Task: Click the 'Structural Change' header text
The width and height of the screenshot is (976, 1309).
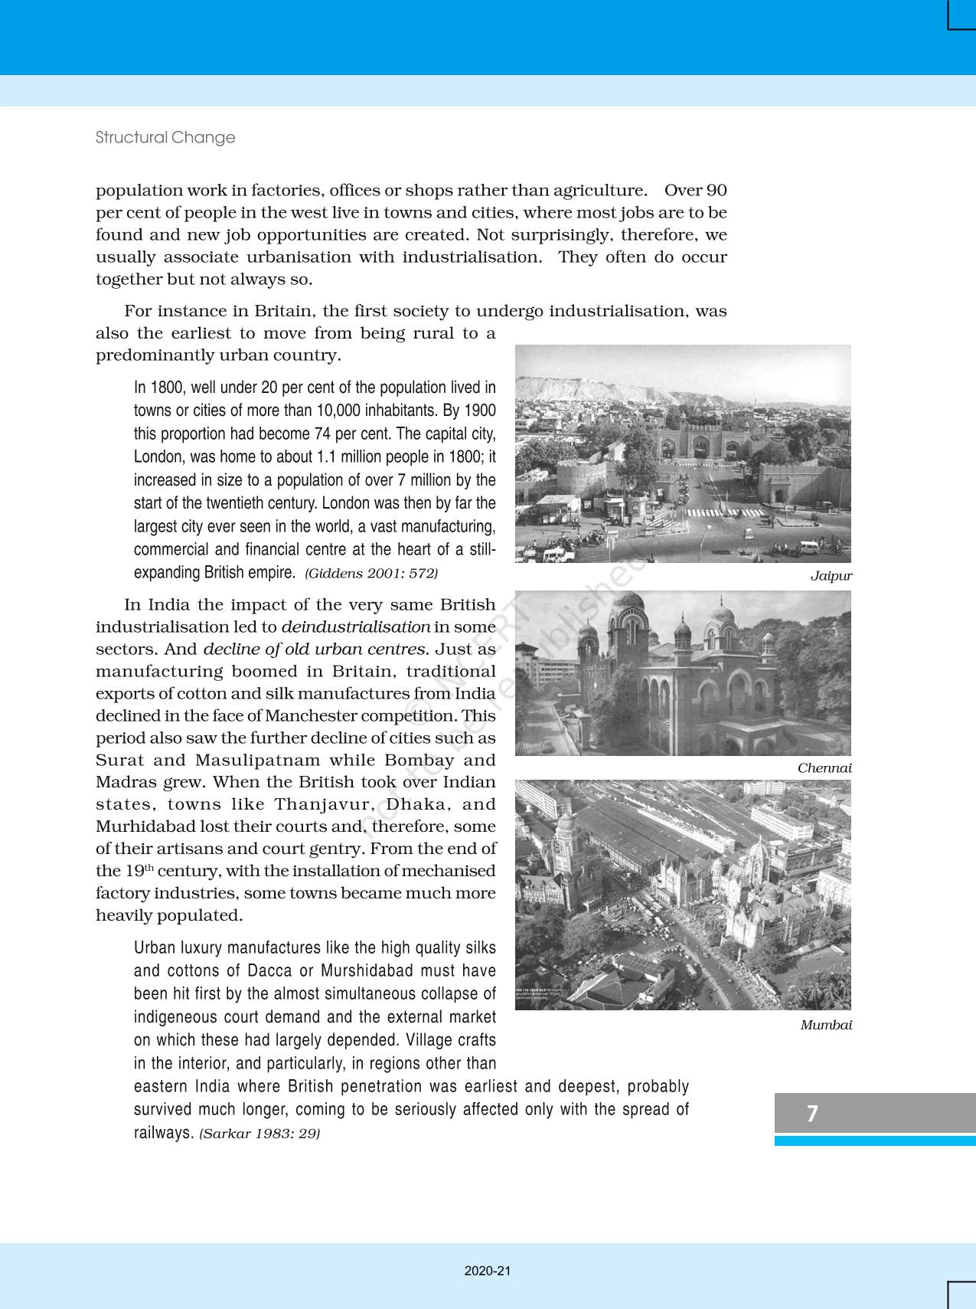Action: (x=165, y=138)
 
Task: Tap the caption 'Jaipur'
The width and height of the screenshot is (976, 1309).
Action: (x=831, y=576)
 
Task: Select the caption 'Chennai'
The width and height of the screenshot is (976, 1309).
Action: (x=824, y=768)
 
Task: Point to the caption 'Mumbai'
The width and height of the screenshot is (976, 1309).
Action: (x=826, y=1026)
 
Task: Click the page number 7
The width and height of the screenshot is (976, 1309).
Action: (x=812, y=1113)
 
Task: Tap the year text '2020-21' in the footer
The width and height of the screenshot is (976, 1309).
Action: (x=488, y=1271)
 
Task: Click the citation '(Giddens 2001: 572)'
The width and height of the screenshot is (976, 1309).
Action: (x=371, y=574)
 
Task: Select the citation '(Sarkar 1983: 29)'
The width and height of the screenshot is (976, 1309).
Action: (x=260, y=1134)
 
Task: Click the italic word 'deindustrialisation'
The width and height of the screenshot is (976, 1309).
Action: (x=355, y=627)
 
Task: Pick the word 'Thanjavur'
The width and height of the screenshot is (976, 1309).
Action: (x=323, y=805)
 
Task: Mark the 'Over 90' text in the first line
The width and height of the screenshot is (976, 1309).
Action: (x=695, y=191)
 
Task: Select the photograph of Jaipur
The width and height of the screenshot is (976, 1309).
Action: (x=683, y=453)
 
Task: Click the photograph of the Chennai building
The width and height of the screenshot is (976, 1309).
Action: (x=683, y=673)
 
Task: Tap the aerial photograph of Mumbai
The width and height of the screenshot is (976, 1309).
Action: (x=683, y=895)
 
